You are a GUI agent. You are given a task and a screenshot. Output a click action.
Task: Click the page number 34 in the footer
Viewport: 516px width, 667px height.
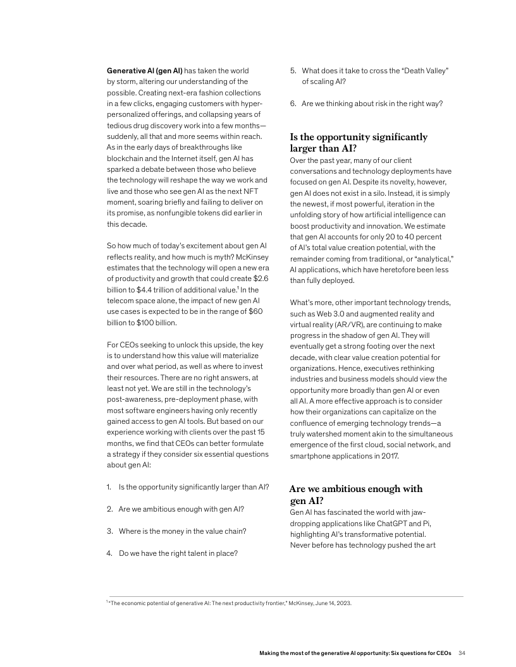(462, 652)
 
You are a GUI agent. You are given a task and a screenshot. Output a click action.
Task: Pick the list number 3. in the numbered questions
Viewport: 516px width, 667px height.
(109, 531)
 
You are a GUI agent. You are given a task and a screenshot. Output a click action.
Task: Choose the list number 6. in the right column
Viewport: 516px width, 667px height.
(293, 104)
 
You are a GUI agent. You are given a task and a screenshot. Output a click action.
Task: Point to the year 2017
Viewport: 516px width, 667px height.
(389, 455)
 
